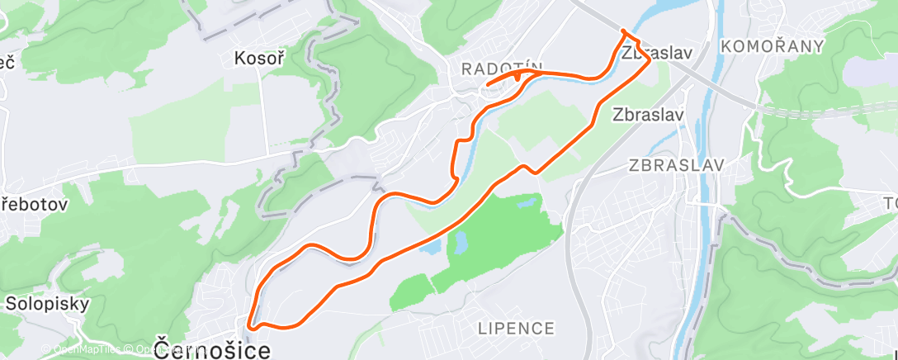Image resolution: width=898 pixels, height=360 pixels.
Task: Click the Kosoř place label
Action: pyautogui.click(x=260, y=59)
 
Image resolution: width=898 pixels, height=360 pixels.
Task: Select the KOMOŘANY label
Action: pyautogui.click(x=772, y=46)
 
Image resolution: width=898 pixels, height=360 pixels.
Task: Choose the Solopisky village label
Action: pyautogui.click(x=47, y=303)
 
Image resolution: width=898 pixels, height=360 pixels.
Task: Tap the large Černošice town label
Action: pyautogui.click(x=212, y=349)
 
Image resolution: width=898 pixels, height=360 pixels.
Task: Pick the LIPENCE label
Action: pyautogui.click(x=517, y=329)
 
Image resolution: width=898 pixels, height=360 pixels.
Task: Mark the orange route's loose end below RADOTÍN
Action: pyautogui.click(x=488, y=85)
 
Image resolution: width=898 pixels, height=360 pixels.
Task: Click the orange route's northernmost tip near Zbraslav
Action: pyautogui.click(x=623, y=31)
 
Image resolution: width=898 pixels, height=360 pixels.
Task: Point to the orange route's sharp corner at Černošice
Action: pyautogui.click(x=249, y=328)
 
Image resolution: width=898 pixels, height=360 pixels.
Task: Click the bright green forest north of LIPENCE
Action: pyautogui.click(x=495, y=239)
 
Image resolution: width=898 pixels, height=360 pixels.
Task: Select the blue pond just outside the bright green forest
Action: pyautogui.click(x=459, y=241)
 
